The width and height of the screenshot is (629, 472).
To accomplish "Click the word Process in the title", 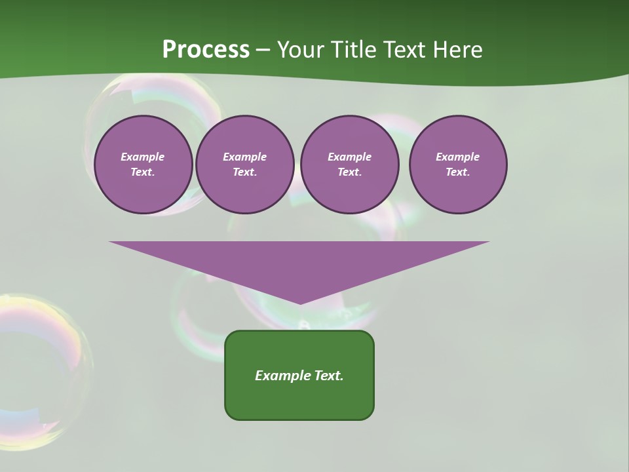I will (206, 50).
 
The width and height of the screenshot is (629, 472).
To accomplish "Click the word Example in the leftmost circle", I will (143, 157).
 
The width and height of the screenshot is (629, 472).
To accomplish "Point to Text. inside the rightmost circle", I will (458, 172).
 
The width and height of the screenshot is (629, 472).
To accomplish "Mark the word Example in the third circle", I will (349, 157).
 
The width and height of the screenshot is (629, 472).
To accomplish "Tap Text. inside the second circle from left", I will (245, 172).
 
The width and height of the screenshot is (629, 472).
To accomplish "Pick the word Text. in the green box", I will (329, 376).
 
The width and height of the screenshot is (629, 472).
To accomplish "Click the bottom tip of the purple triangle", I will (299, 303).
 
